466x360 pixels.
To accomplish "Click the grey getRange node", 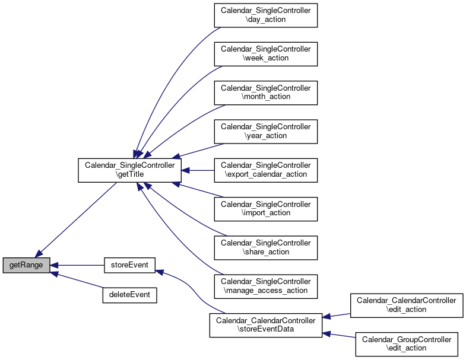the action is pos(26,265).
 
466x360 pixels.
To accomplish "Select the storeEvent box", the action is pos(129,265).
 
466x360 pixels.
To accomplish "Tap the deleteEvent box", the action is pos(129,295).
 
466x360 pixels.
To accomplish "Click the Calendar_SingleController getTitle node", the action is pos(129,170).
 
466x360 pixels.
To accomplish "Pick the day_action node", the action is pos(266,15).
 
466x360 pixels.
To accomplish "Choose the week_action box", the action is pos(266,54).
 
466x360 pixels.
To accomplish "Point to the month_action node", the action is pos(266,93).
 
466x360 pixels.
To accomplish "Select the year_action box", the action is pos(266,132).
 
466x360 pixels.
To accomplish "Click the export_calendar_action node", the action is pos(266,170).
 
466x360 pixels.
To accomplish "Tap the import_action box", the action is pos(266,209).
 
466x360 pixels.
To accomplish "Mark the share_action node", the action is pos(266,248).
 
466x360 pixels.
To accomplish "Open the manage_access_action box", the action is pos(266,286).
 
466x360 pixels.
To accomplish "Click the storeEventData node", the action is pos(266,325).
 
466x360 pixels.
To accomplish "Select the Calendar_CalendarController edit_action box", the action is pos(407,305).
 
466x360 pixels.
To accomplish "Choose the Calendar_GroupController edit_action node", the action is pos(407,344).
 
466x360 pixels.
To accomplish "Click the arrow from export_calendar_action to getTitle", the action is pos(198,170).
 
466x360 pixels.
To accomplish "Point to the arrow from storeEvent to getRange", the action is pos(77,265).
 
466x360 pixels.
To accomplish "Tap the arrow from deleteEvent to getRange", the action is pos(77,280).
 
